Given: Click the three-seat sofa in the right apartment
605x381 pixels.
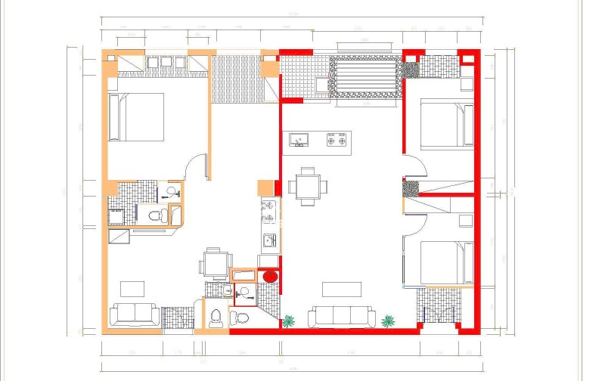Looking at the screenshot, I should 342,317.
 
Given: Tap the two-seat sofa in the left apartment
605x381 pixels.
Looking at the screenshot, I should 134,314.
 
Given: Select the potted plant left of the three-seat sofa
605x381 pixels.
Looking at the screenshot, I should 288,321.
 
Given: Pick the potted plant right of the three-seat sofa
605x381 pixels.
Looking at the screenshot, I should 388,321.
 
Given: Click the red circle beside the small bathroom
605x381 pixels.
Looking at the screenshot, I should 268,277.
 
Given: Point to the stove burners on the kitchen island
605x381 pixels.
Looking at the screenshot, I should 337,140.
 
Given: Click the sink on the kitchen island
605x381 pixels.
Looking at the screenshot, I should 299,140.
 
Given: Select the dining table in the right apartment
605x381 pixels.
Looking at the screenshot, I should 309,186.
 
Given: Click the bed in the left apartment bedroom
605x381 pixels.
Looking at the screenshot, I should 137,117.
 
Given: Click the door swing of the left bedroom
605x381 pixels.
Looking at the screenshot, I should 195,165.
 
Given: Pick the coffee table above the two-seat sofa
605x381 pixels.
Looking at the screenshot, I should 134,288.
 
